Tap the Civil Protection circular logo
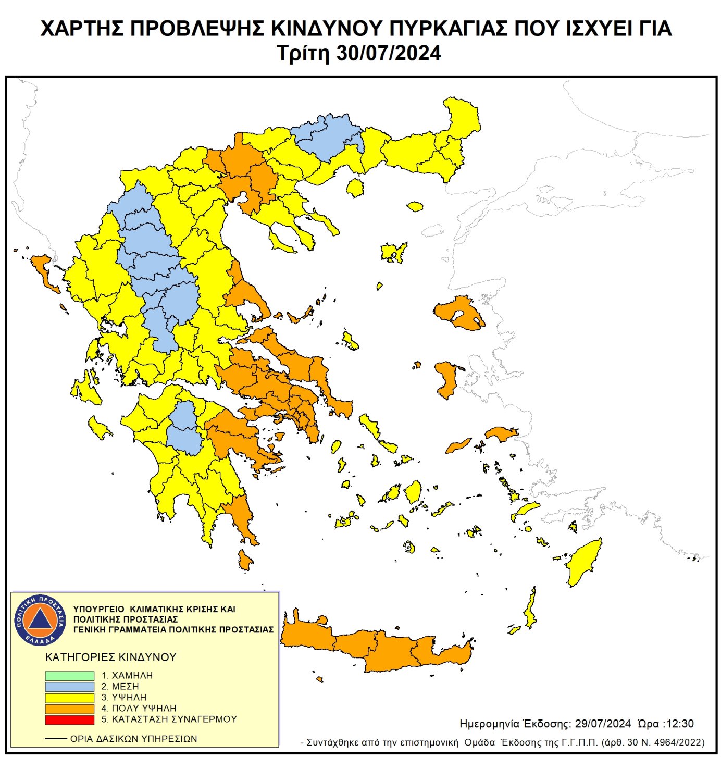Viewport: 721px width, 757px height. click(40, 620)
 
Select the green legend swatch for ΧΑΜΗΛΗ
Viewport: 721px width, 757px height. click(69, 676)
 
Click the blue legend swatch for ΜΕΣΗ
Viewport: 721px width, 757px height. click(69, 687)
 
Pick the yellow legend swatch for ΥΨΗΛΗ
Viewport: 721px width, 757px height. click(69, 698)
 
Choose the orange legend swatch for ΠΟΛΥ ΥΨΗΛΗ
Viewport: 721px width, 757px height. click(69, 709)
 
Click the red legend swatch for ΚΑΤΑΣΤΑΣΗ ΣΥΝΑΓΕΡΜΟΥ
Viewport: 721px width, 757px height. click(69, 719)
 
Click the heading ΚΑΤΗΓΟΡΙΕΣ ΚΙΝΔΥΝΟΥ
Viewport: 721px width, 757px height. click(110, 657)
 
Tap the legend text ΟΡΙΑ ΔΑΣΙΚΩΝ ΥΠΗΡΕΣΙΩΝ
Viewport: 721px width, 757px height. click(133, 739)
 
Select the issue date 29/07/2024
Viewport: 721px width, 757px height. click(603, 724)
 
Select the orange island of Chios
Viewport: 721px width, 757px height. click(447, 379)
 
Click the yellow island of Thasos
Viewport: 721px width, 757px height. click(355, 188)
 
